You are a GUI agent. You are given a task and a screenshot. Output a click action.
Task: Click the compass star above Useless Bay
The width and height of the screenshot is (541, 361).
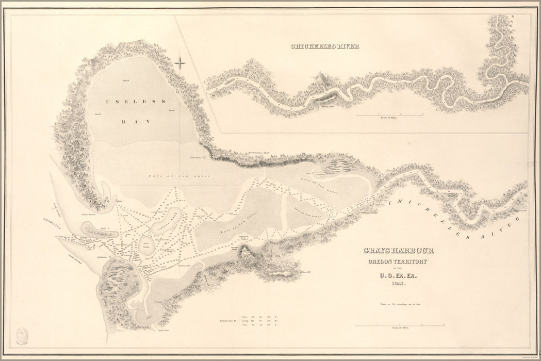pos(180,63)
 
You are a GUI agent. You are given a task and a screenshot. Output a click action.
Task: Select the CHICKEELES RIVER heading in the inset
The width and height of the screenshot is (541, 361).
pos(325,46)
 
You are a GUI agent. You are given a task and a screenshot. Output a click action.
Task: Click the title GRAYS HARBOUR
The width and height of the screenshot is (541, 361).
pos(398,251)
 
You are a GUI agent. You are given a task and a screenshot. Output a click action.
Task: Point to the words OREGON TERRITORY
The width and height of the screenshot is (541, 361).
pos(398,262)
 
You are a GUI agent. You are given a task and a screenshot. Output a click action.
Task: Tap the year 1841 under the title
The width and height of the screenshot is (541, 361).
pos(399,284)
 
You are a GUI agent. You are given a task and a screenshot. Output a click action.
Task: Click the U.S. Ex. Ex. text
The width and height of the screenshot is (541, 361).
pos(399,275)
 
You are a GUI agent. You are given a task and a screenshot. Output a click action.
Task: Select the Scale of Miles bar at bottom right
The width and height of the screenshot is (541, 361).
pos(400,325)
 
